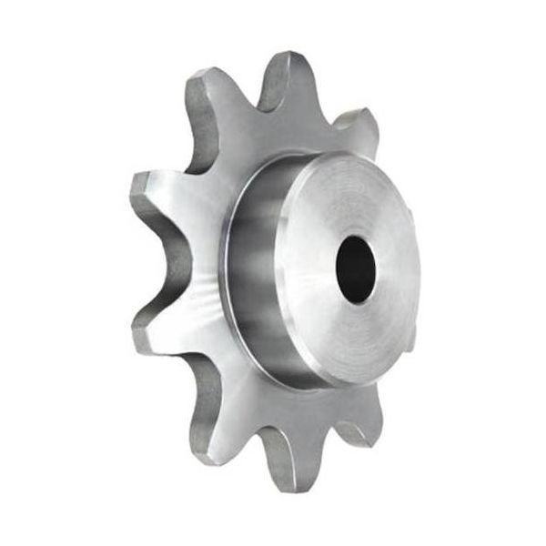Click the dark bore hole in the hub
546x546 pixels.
pos(355,270)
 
